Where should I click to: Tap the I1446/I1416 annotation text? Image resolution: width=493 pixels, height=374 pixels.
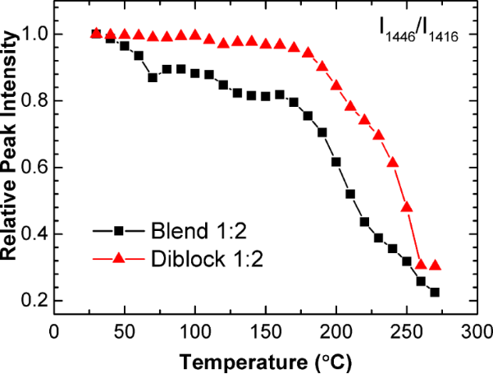coord(418,35)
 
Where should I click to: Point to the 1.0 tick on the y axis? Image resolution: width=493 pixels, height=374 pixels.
coord(33,35)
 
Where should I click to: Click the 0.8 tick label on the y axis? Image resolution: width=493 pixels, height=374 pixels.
coord(33,101)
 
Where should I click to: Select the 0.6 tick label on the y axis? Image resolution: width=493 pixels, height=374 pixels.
coord(33,168)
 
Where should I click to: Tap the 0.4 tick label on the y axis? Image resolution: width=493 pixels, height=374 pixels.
coord(33,234)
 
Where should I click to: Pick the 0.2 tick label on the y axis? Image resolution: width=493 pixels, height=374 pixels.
coord(33,301)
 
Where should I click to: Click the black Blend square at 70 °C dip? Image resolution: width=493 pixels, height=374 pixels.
coord(153,77)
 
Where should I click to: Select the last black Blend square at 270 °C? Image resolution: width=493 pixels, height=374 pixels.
coord(435,293)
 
